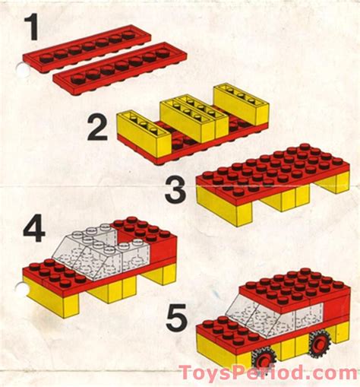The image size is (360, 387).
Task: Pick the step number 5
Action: coord(176,317)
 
